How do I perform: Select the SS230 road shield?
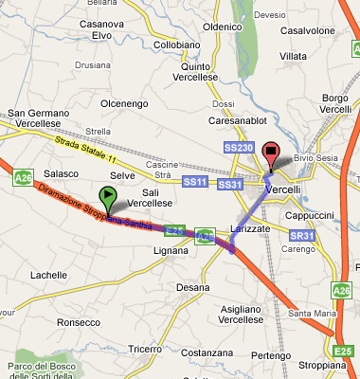tap(238, 148)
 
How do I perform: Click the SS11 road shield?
tap(194, 181)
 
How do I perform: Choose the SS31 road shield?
tap(230, 183)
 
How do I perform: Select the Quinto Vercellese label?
tap(209, 72)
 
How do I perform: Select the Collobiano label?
tap(177, 45)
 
